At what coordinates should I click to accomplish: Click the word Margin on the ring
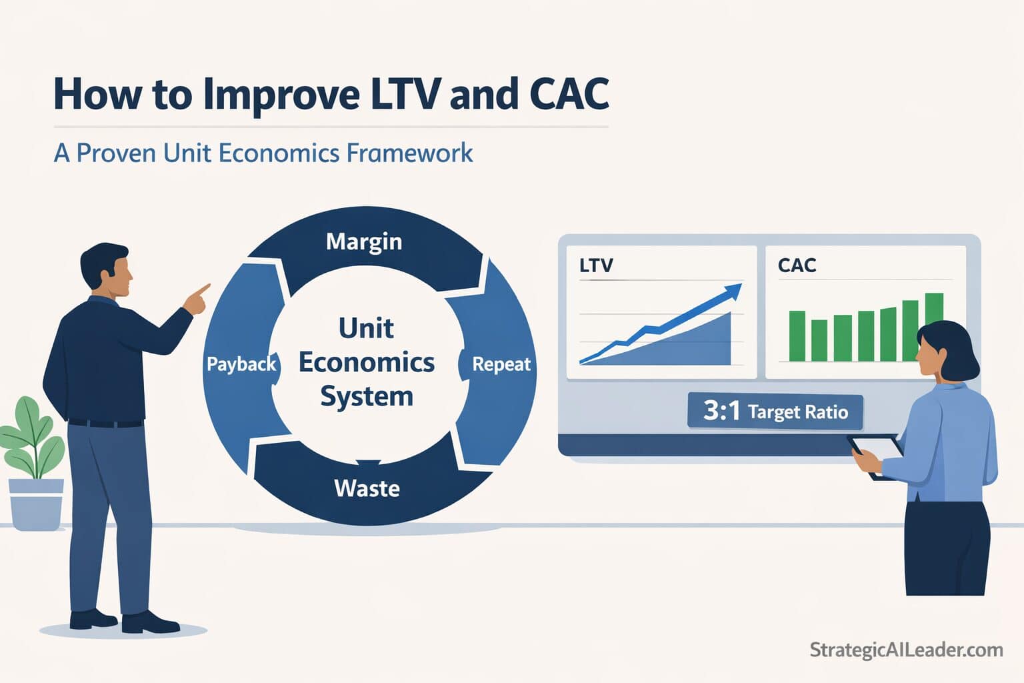pos(364,241)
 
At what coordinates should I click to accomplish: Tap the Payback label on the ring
pos(241,364)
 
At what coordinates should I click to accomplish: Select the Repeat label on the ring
pos(501,364)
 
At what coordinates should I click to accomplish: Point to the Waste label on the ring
pos(367,488)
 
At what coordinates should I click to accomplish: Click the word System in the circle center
pos(367,396)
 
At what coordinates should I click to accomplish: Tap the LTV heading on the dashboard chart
pos(595,265)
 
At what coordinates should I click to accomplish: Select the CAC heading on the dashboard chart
pos(797,265)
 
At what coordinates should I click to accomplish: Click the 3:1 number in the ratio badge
pos(721,410)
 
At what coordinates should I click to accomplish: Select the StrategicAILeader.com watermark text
pos(906,650)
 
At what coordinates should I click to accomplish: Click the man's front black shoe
pos(150,623)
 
